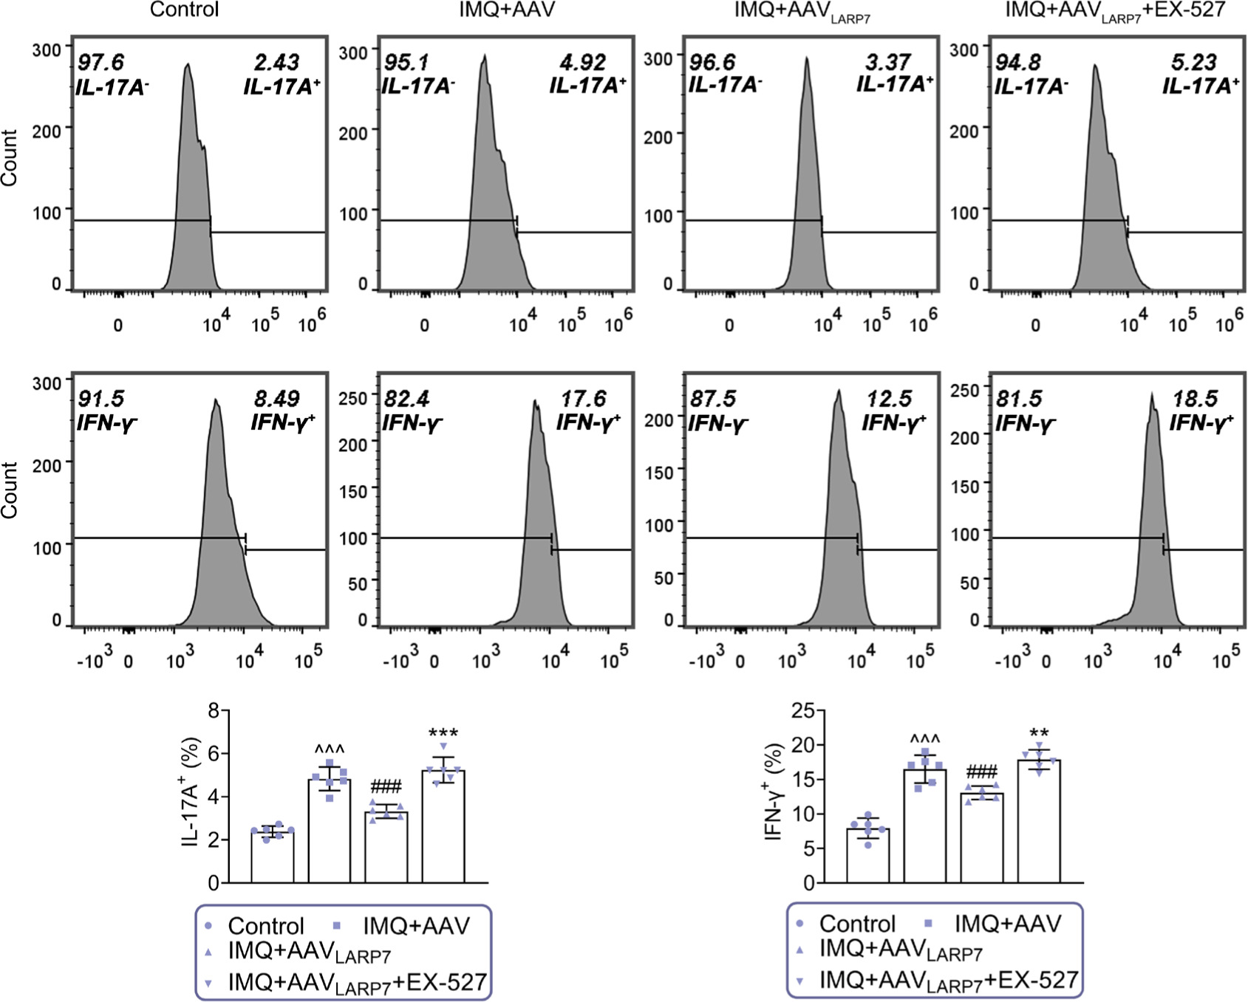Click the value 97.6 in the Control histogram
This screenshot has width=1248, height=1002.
101,62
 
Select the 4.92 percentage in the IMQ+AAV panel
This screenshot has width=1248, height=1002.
582,62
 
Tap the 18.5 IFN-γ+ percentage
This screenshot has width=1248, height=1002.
1195,399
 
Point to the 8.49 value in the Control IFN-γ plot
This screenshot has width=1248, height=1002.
276,399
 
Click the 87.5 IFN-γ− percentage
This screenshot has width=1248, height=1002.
712,399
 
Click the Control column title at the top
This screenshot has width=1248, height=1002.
184,10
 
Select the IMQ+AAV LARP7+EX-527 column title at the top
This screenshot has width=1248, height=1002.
1115,10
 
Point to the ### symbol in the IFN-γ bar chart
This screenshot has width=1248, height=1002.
981,773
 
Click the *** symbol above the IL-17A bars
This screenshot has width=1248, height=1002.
443,734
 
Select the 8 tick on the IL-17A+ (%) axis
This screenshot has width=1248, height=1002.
214,711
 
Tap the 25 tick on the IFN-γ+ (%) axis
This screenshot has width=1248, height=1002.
803,711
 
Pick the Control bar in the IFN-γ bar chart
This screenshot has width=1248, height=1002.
867,857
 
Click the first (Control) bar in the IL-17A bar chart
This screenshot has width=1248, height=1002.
272,858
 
